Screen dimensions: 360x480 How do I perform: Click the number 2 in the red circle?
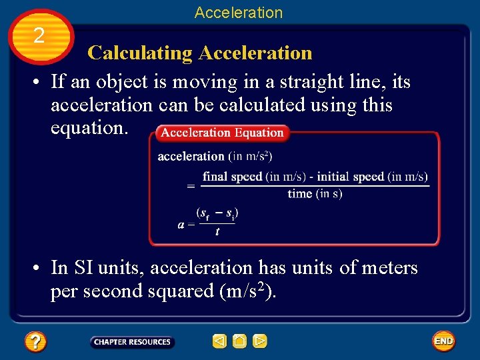pyautogui.click(x=39, y=35)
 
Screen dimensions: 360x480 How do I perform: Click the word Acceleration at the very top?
pyautogui.click(x=239, y=12)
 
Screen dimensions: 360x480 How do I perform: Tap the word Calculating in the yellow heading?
pyautogui.click(x=140, y=53)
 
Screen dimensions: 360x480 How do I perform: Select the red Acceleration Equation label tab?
pyautogui.click(x=222, y=133)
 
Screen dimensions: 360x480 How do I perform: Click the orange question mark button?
pyautogui.click(x=35, y=342)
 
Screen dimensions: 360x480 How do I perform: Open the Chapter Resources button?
pyautogui.click(x=132, y=342)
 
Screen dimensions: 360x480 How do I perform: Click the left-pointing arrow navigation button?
pyautogui.click(x=219, y=342)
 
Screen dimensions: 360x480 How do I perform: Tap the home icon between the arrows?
pyautogui.click(x=239, y=342)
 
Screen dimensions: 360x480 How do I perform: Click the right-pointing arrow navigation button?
pyautogui.click(x=260, y=342)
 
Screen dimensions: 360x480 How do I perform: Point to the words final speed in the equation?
pyautogui.click(x=233, y=177)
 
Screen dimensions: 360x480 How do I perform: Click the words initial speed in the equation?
pyautogui.click(x=350, y=177)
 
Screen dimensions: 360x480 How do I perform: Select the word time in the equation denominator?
pyautogui.click(x=300, y=194)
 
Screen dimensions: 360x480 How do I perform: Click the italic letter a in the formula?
pyautogui.click(x=181, y=225)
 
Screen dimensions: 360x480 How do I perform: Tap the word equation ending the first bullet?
pyautogui.click(x=89, y=127)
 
